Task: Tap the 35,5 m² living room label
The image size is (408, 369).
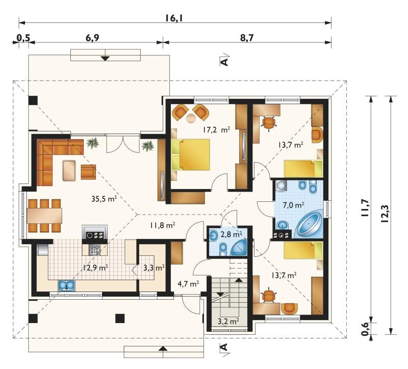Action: point(104,199)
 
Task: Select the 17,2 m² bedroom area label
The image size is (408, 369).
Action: point(216,130)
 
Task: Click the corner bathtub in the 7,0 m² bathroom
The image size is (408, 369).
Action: point(309,225)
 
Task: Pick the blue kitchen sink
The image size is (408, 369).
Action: point(66,285)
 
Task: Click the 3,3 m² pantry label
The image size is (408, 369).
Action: point(154,268)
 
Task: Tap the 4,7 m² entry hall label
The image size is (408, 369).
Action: point(188,283)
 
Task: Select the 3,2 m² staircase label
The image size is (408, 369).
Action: point(228,322)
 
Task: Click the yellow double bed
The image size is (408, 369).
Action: point(191,154)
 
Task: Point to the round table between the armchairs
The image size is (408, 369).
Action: point(191,118)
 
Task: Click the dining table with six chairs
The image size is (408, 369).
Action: point(44,216)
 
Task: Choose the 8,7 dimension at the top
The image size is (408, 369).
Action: point(247,38)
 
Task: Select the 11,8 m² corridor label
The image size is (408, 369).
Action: point(162,225)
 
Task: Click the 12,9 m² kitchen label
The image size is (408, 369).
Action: point(95,268)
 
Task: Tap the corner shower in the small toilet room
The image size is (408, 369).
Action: point(239,247)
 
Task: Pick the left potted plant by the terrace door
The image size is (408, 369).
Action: point(93,143)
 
